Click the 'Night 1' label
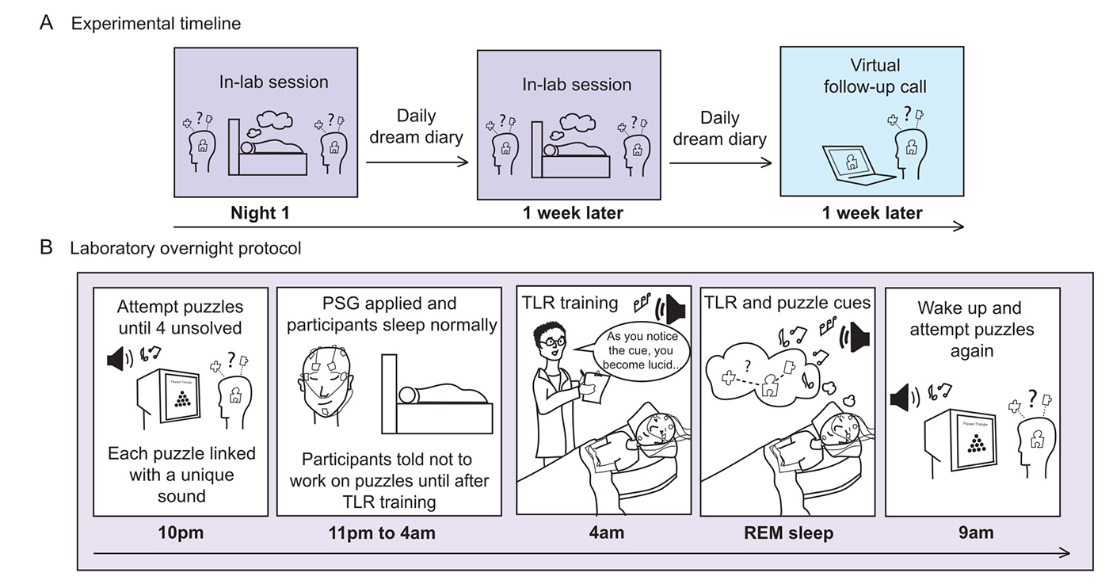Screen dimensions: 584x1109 tap(262, 213)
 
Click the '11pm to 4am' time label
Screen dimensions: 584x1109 tap(382, 532)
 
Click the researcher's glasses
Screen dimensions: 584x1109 tap(554, 341)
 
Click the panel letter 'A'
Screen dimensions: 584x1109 tap(47, 23)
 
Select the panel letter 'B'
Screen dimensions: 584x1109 tap(47, 248)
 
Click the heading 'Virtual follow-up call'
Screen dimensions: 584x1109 tap(875, 76)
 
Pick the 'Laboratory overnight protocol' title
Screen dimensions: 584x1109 tap(185, 248)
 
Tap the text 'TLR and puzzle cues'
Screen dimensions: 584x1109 tap(788, 302)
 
